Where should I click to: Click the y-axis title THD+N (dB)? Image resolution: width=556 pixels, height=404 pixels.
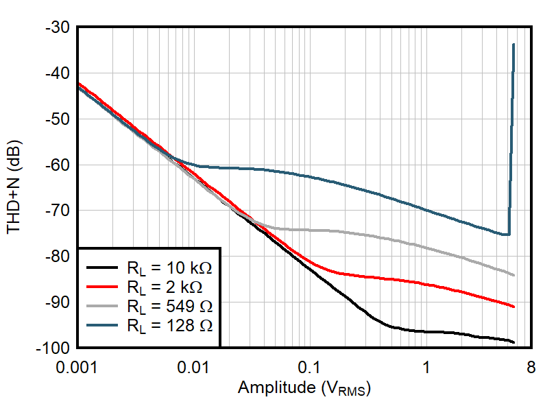[15, 187]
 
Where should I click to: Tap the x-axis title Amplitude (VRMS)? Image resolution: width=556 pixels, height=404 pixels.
[304, 388]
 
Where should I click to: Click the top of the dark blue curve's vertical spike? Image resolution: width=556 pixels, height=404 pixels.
[513, 45]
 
